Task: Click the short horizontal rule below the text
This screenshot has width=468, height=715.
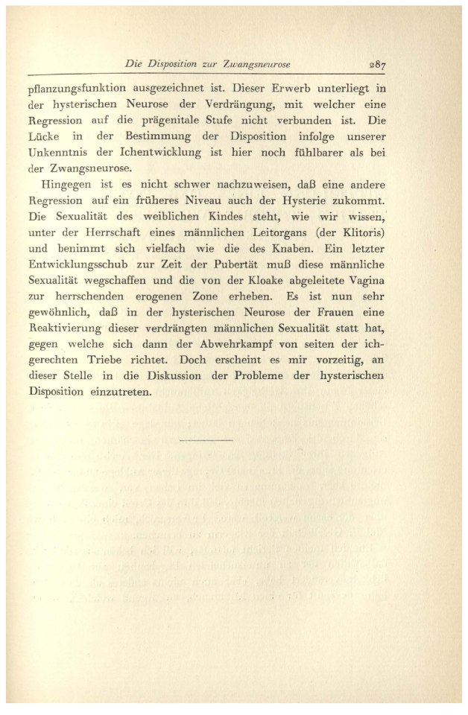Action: click(x=206, y=439)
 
